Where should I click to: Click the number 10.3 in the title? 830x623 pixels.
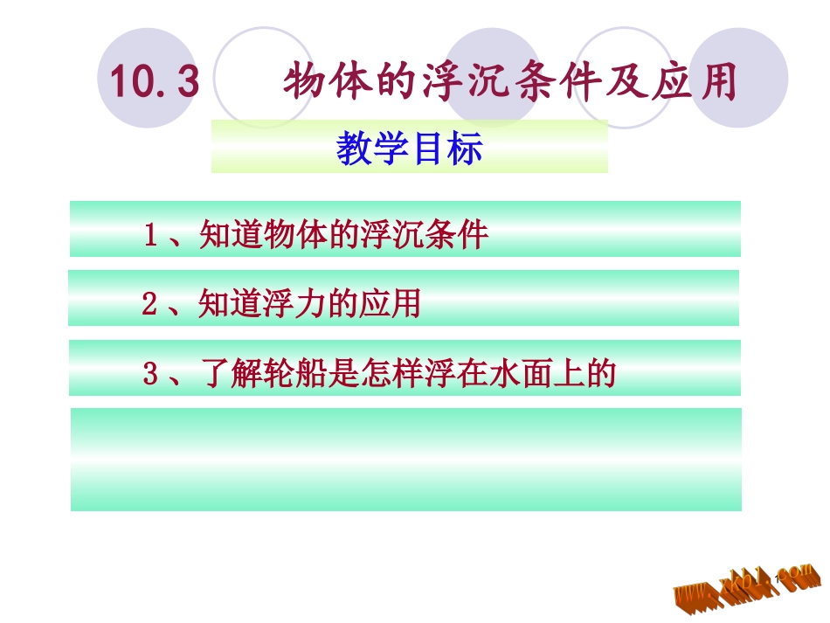[155, 83]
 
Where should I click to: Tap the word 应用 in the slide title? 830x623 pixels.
[696, 83]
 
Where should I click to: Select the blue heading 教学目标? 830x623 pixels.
[409, 149]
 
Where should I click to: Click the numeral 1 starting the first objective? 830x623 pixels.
[150, 236]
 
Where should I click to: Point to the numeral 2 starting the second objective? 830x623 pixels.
[149, 304]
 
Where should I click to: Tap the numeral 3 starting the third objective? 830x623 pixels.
[150, 375]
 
